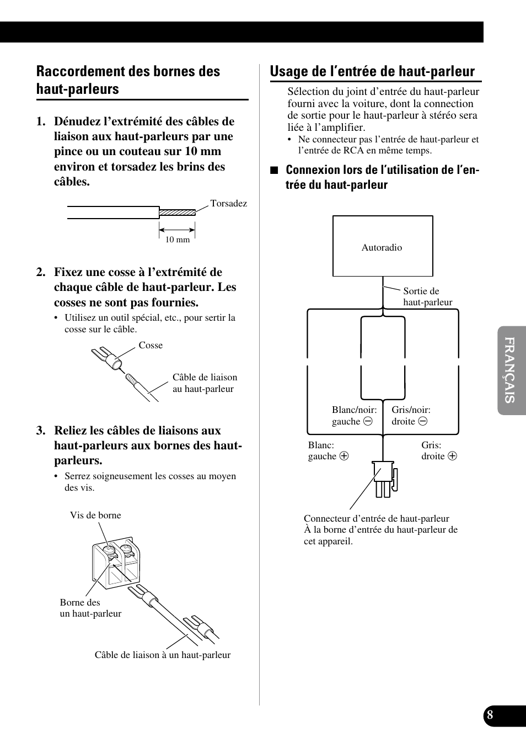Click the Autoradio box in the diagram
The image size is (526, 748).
point(383,246)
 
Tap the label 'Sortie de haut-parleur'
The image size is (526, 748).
point(427,296)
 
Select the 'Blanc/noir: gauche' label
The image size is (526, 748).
point(354,416)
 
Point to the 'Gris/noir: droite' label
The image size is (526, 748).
point(411,416)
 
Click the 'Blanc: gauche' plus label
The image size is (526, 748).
point(328,450)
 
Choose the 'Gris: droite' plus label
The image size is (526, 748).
point(439,450)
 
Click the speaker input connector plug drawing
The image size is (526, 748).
point(385,478)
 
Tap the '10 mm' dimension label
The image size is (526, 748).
point(178,240)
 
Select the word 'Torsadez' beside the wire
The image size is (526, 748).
point(228,204)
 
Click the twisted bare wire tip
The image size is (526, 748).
point(177,212)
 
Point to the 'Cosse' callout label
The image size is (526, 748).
point(151,346)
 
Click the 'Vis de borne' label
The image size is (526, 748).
point(95,516)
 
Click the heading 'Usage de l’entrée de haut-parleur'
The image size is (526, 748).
point(372,71)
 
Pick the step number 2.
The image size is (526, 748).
point(41,272)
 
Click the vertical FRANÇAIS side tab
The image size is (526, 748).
point(511,370)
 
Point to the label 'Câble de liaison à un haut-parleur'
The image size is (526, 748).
point(163,655)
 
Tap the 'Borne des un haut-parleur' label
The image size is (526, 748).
point(90,608)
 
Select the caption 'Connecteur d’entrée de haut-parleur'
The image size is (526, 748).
point(377,519)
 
